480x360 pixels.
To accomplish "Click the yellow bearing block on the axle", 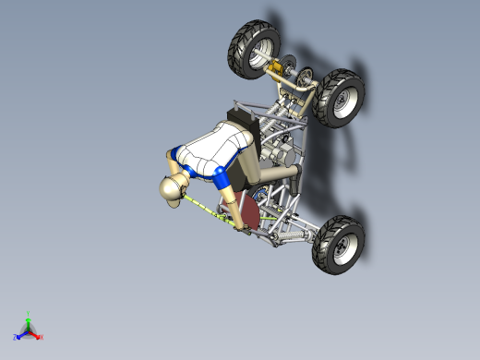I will pyautogui.click(x=275, y=68).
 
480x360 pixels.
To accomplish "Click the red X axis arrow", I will pyautogui.click(x=36, y=335).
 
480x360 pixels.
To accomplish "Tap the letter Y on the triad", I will pyautogui.click(x=29, y=314).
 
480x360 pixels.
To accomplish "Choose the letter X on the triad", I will pyautogui.click(x=42, y=338).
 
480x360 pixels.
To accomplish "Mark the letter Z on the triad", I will pyautogui.click(x=15, y=337).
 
